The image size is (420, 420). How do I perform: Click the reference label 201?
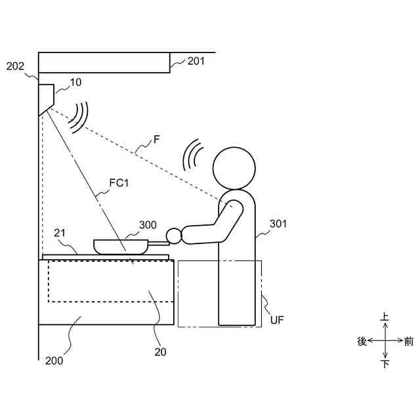click(x=196, y=61)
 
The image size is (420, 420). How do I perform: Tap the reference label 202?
click(x=15, y=66)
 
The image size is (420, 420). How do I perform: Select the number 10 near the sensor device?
click(x=76, y=83)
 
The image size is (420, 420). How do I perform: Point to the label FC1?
click(x=118, y=183)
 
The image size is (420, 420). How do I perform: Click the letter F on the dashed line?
click(x=156, y=139)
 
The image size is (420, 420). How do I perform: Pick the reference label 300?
click(x=148, y=224)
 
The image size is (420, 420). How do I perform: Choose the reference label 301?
click(x=278, y=224)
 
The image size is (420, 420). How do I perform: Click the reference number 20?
click(x=160, y=351)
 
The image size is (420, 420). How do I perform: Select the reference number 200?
click(x=54, y=360)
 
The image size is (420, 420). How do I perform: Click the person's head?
click(x=234, y=168)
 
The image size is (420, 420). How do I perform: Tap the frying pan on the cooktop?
click(x=122, y=247)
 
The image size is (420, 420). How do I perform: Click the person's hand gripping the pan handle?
click(x=175, y=234)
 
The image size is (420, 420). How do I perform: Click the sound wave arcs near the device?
click(x=81, y=117)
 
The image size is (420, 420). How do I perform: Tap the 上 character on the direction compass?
click(x=385, y=318)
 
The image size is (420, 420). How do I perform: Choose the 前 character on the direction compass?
click(x=409, y=341)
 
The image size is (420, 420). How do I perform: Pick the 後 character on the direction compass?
click(x=361, y=341)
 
